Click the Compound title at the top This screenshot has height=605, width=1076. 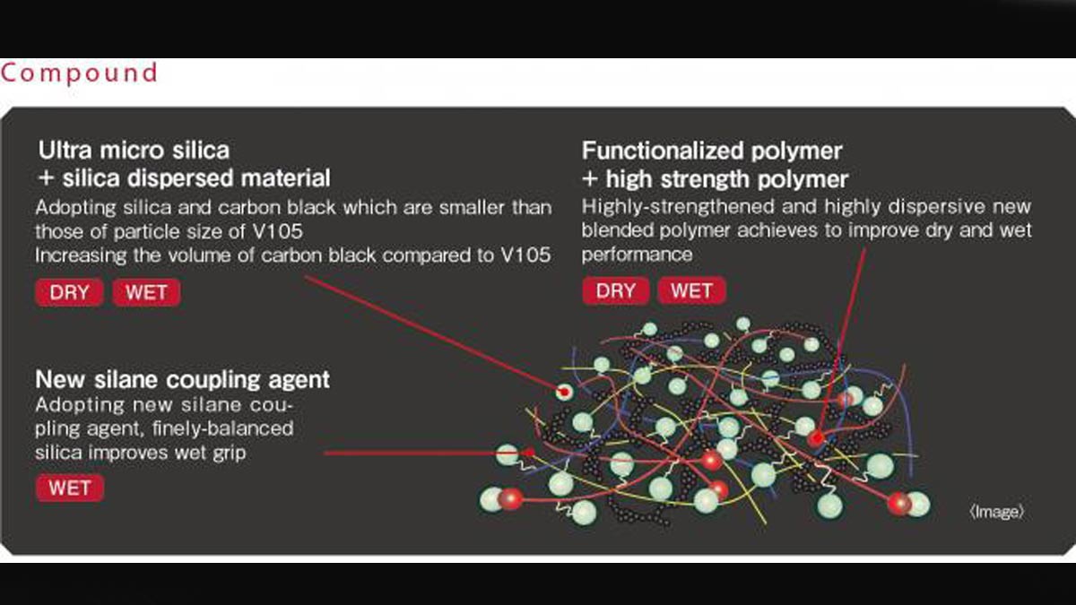tap(79, 73)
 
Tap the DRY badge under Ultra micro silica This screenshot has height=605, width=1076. tap(69, 292)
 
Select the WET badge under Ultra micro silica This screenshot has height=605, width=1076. tap(146, 292)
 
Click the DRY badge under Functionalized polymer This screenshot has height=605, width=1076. tap(616, 290)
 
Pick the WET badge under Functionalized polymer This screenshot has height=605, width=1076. tap(691, 290)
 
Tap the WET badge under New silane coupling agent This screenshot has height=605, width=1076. tap(70, 488)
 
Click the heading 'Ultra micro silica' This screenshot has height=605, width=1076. tap(134, 151)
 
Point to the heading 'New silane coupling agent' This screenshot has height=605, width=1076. tap(183, 379)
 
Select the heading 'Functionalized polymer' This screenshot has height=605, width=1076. tap(712, 151)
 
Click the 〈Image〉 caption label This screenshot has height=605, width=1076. tap(997, 512)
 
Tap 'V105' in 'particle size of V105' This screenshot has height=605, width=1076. tap(278, 231)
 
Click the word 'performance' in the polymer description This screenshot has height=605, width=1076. tap(637, 255)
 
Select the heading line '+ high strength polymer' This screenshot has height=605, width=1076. tap(716, 179)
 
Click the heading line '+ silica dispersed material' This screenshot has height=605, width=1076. tap(185, 177)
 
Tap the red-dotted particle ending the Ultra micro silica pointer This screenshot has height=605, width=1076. tap(565, 393)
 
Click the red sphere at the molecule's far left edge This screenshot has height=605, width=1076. tap(510, 499)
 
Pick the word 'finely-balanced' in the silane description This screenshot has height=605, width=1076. tap(223, 428)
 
